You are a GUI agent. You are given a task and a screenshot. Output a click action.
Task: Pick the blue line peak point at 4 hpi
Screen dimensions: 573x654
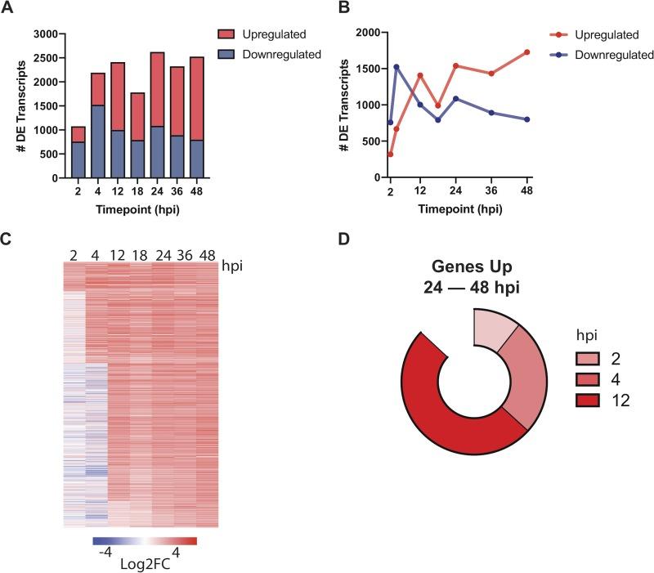tap(396, 67)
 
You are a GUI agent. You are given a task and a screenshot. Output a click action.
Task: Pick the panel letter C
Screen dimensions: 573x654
tap(7, 240)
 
